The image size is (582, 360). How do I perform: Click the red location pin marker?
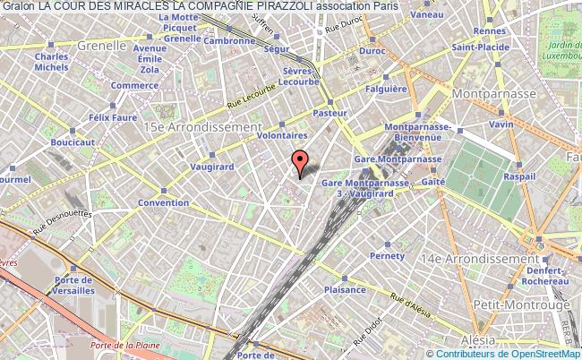300,161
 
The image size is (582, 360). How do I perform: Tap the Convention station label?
163,202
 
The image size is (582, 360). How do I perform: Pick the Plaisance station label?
345,289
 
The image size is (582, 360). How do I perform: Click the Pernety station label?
389,255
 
